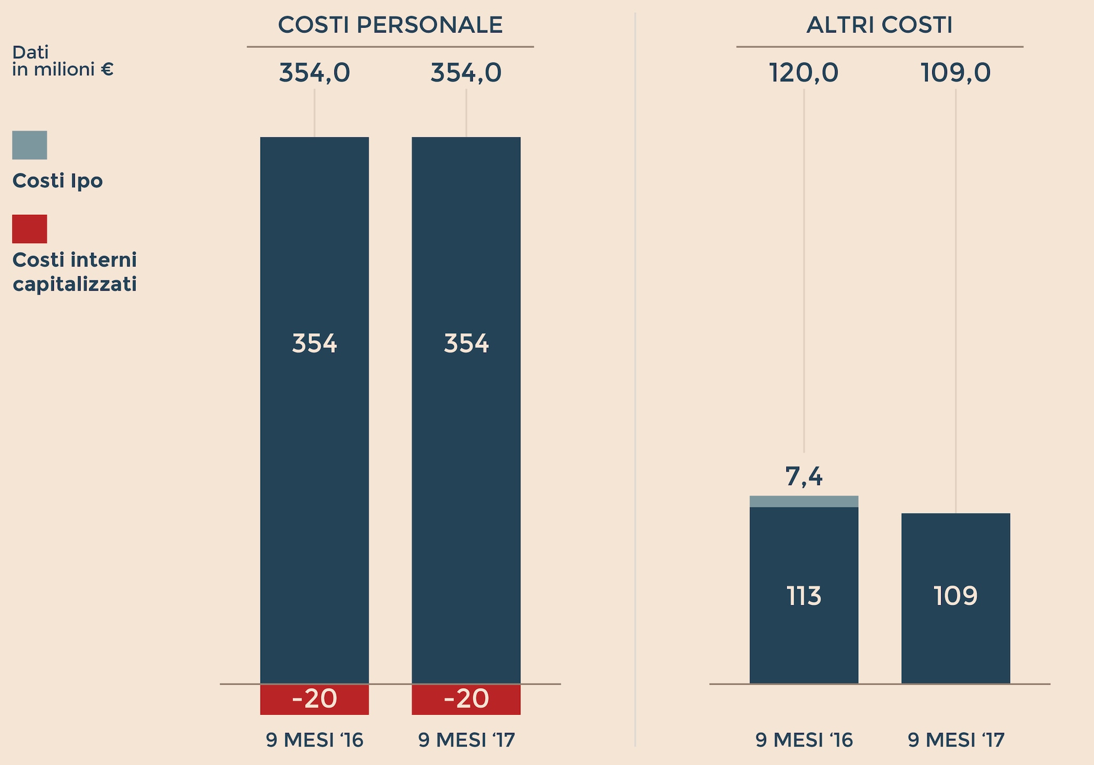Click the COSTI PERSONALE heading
pos(390,25)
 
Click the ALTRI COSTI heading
pos(879,25)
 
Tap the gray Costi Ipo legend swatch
pos(29,145)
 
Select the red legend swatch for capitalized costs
pos(29,229)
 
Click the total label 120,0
pos(803,73)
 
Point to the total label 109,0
pos(955,73)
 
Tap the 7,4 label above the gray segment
pos(803,476)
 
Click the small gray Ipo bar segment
pos(803,501)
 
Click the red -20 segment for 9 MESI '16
pos(314,699)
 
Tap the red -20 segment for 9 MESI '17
pos(466,699)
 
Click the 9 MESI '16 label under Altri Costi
pos(803,740)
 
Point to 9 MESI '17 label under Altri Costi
pos(956,740)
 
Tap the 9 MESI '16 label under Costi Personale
pos(314,740)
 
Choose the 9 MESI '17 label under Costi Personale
pos(466,740)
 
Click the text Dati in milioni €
pos(62,61)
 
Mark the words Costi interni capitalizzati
pos(74,272)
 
